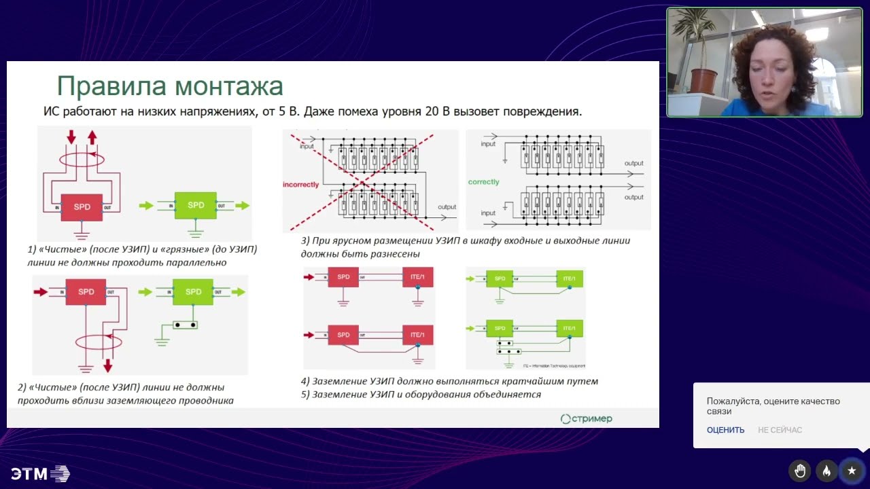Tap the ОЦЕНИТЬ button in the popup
[x=725, y=430]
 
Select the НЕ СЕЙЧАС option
[x=780, y=430]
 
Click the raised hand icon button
[x=800, y=471]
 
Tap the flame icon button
[x=826, y=471]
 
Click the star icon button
[x=852, y=471]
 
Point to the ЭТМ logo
[x=40, y=473]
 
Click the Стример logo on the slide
[x=586, y=418]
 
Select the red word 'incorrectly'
[x=301, y=185]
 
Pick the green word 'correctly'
[x=483, y=182]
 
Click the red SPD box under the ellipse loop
[x=82, y=206]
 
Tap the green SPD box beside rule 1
[x=196, y=205]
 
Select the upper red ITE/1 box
[x=417, y=277]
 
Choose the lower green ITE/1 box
[x=569, y=328]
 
